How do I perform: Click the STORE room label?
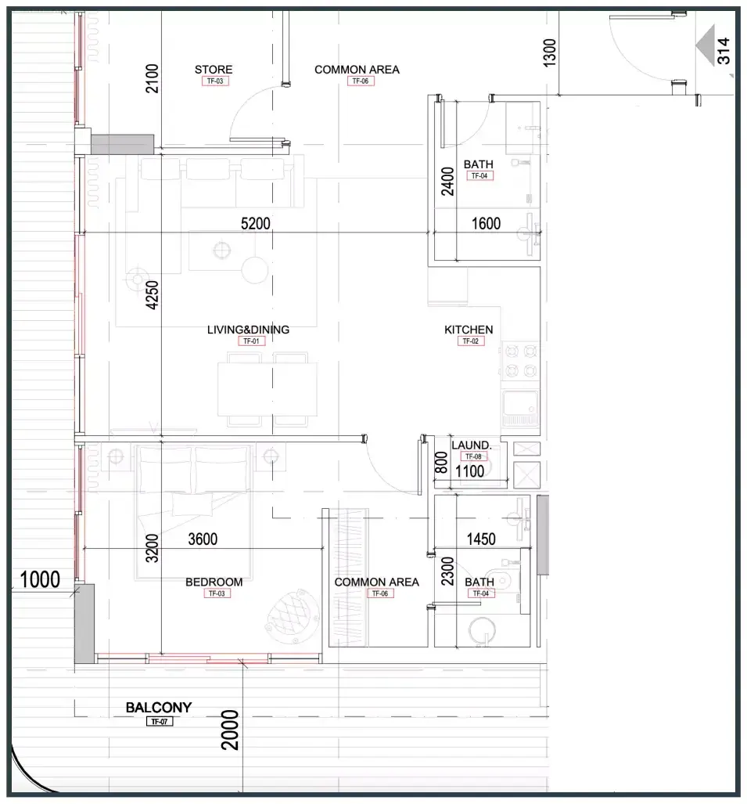tap(213, 69)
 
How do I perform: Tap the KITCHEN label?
tap(469, 329)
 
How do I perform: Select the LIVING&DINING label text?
tap(248, 329)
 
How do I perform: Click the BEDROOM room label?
tap(214, 582)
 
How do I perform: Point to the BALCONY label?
tap(158, 707)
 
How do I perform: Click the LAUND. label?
tap(471, 445)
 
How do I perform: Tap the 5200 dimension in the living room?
tap(255, 224)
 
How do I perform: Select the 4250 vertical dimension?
tap(152, 295)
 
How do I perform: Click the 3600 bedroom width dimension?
tap(203, 539)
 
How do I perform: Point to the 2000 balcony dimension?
tap(229, 730)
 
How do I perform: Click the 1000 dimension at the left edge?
tap(39, 579)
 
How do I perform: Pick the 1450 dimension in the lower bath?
tap(480, 539)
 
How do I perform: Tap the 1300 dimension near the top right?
tap(549, 52)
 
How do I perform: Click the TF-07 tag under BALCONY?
tap(160, 722)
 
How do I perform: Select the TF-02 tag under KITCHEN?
tap(470, 341)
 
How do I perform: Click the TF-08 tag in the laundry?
tap(473, 456)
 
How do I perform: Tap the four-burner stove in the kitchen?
tap(520, 360)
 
